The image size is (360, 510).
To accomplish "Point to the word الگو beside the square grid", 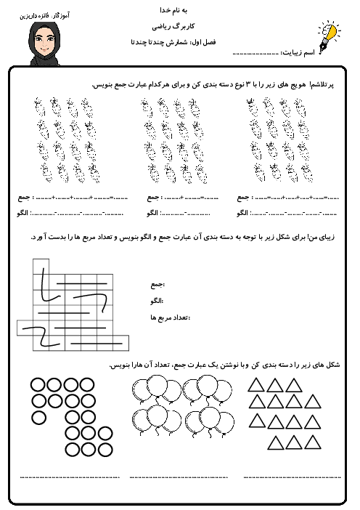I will click(x=156, y=301).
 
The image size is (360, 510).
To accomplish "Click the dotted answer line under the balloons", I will click(x=178, y=476).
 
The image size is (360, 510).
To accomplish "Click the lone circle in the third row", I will click(x=38, y=418).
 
